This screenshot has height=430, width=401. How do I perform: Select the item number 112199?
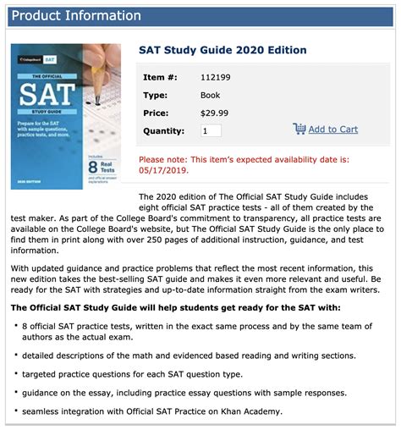pyautogui.click(x=215, y=78)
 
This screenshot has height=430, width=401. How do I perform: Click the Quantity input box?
pyautogui.click(x=211, y=130)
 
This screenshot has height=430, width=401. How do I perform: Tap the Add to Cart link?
pyautogui.click(x=332, y=130)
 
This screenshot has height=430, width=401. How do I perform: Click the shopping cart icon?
pyautogui.click(x=299, y=129)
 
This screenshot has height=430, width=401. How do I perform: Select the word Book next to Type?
pyautogui.click(x=211, y=95)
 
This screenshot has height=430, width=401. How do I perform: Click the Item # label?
pyautogui.click(x=160, y=78)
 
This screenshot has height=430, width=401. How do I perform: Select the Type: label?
pyautogui.click(x=157, y=95)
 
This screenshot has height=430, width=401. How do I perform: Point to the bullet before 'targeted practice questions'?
pyautogui.click(x=16, y=373)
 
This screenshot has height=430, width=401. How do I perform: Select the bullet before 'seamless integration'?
pyautogui.click(x=16, y=412)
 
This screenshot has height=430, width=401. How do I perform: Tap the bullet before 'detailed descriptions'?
pyautogui.click(x=16, y=354)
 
